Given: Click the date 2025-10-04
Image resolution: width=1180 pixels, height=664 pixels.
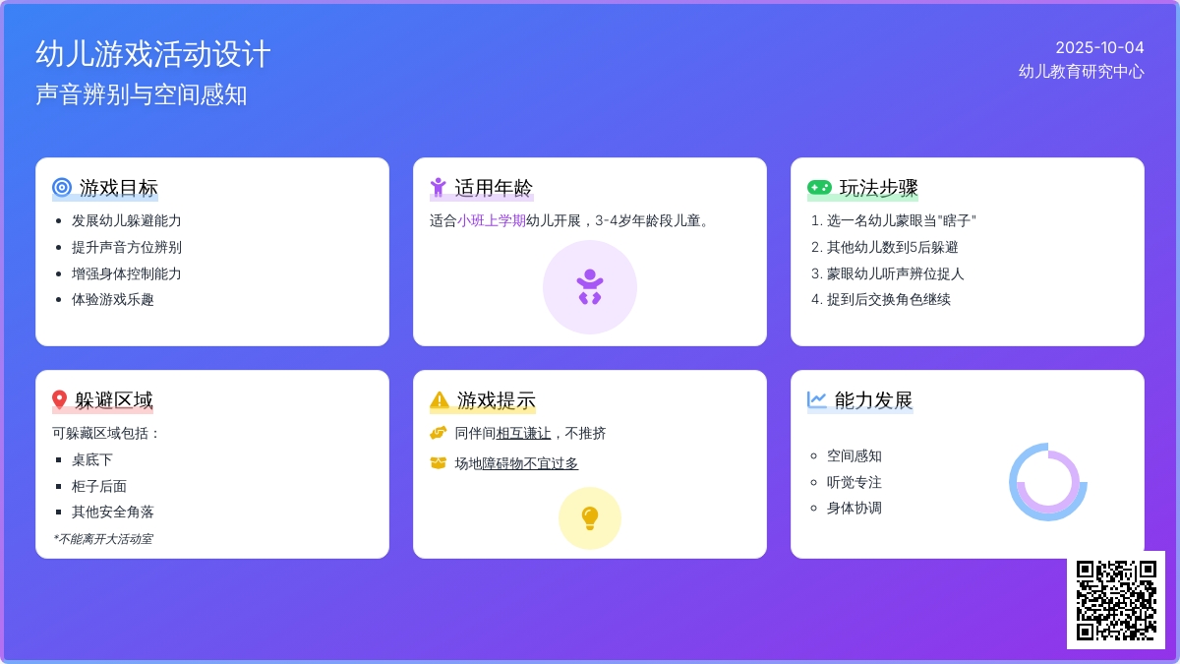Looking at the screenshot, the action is tap(1099, 48).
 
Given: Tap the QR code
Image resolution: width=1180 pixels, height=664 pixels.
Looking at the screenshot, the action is tap(1116, 600).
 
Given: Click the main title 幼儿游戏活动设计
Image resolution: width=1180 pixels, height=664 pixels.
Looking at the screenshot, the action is tap(153, 54).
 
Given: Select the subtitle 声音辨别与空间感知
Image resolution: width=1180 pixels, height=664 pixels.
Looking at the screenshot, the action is tap(142, 94).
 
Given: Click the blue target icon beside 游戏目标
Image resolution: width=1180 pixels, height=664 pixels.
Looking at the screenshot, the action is tap(62, 187).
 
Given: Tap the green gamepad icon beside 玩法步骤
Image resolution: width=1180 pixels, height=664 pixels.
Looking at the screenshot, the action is tap(819, 187).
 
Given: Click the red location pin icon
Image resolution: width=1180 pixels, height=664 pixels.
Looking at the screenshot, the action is tap(60, 399).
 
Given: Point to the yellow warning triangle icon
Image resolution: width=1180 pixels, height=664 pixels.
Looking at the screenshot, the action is tap(440, 400).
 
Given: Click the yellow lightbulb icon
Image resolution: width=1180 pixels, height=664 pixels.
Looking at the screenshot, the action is tap(589, 518).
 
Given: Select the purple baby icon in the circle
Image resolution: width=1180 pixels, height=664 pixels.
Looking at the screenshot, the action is tap(589, 286).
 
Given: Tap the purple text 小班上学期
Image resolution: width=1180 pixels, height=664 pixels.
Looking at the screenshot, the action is tap(491, 220).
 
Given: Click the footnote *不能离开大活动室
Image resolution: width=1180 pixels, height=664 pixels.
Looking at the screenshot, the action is tap(102, 539).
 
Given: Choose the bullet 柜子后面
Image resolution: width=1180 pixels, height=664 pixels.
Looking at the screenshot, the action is tap(99, 486).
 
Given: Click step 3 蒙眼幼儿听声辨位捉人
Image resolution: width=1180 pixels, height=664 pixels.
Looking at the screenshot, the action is tap(895, 273).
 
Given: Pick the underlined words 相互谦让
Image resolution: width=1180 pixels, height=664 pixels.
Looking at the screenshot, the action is tap(523, 433).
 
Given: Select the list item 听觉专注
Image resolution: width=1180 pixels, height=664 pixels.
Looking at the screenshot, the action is tap(854, 482).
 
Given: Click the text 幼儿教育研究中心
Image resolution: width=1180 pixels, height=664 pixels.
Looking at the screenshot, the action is tap(1081, 72).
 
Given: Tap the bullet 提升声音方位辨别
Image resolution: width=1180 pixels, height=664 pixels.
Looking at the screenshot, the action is tap(127, 247).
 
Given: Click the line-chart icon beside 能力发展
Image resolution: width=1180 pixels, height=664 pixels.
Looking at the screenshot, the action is tap(816, 399).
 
